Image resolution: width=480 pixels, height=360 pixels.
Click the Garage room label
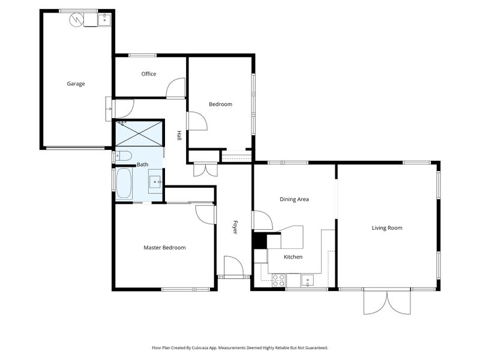point(76,84)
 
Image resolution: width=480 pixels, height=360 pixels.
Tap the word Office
point(149,74)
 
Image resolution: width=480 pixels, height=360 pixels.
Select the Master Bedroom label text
point(164,247)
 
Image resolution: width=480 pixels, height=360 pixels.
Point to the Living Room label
point(387,227)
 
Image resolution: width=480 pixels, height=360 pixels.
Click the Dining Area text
point(294,199)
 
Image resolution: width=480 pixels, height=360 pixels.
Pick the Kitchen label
point(293,257)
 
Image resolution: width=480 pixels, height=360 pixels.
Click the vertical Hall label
point(179,136)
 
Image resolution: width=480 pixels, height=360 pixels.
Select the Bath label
point(142,164)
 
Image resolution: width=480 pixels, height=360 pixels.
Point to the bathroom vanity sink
point(155,179)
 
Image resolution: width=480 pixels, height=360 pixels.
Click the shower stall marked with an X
point(139,133)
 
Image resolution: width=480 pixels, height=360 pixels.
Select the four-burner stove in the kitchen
point(278,279)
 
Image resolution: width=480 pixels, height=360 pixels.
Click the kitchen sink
point(307,279)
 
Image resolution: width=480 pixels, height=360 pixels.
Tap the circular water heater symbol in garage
point(76,20)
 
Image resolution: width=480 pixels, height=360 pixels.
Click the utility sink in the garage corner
point(104,20)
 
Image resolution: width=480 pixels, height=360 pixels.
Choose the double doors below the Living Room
point(387,302)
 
